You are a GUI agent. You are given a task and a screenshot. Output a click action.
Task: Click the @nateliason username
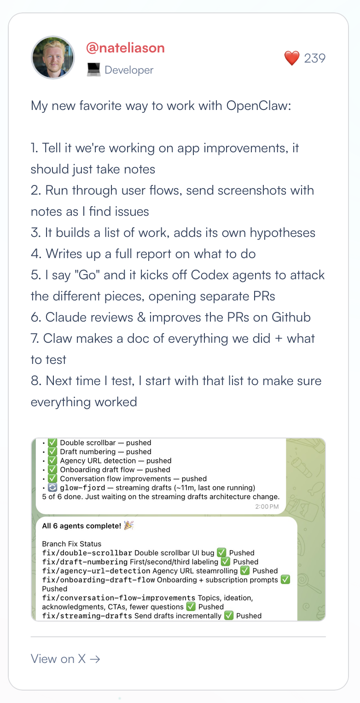(125, 48)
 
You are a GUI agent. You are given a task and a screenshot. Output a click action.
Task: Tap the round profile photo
(52, 58)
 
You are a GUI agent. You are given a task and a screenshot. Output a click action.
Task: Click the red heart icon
(292, 58)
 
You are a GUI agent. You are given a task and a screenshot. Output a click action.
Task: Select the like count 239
(315, 58)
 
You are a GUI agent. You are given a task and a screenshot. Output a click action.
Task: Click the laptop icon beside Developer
(93, 70)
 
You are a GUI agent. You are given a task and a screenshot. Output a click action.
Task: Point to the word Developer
(129, 70)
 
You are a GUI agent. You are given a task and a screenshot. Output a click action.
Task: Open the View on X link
(65, 658)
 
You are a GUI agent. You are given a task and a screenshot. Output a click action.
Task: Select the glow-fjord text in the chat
(80, 488)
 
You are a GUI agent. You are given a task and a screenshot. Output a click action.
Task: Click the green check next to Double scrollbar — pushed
(52, 443)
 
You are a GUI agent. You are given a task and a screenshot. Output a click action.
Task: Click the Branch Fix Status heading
(71, 544)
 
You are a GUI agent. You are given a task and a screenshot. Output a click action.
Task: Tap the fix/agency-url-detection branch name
(96, 571)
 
